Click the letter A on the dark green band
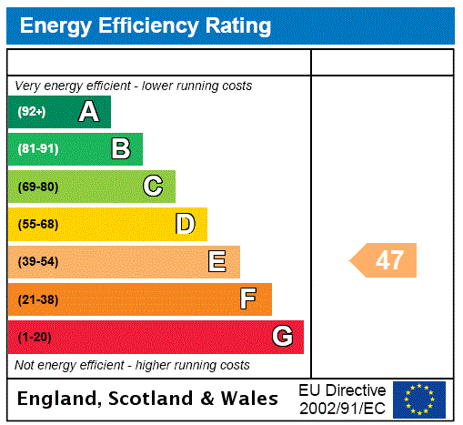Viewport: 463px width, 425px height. tap(88, 112)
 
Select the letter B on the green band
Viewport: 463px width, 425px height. tap(120, 149)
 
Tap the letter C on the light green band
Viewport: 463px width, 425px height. tap(153, 187)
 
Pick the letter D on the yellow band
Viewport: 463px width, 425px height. tap(185, 224)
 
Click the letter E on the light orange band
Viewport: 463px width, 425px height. tap(217, 262)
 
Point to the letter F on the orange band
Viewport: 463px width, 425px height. tap(248, 299)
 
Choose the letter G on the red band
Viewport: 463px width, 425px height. tap(282, 337)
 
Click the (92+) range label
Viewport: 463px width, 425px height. tap(32, 112)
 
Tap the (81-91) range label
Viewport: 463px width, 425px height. tap(37, 149)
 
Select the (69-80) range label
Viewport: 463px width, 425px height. tap(37, 187)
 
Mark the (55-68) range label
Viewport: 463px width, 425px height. tap(37, 224)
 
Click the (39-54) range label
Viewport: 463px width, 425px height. tap(37, 262)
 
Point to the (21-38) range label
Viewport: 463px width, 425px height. tap(37, 299)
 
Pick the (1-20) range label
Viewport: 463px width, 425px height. tap(35, 337)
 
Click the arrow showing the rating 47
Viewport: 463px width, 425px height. tap(385, 260)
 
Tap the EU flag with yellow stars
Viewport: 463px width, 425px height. tap(418, 399)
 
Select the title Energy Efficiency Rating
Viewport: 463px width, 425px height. tap(146, 26)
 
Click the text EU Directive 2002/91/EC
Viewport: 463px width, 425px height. tap(342, 398)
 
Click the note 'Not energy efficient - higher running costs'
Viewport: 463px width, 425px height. tap(132, 365)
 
